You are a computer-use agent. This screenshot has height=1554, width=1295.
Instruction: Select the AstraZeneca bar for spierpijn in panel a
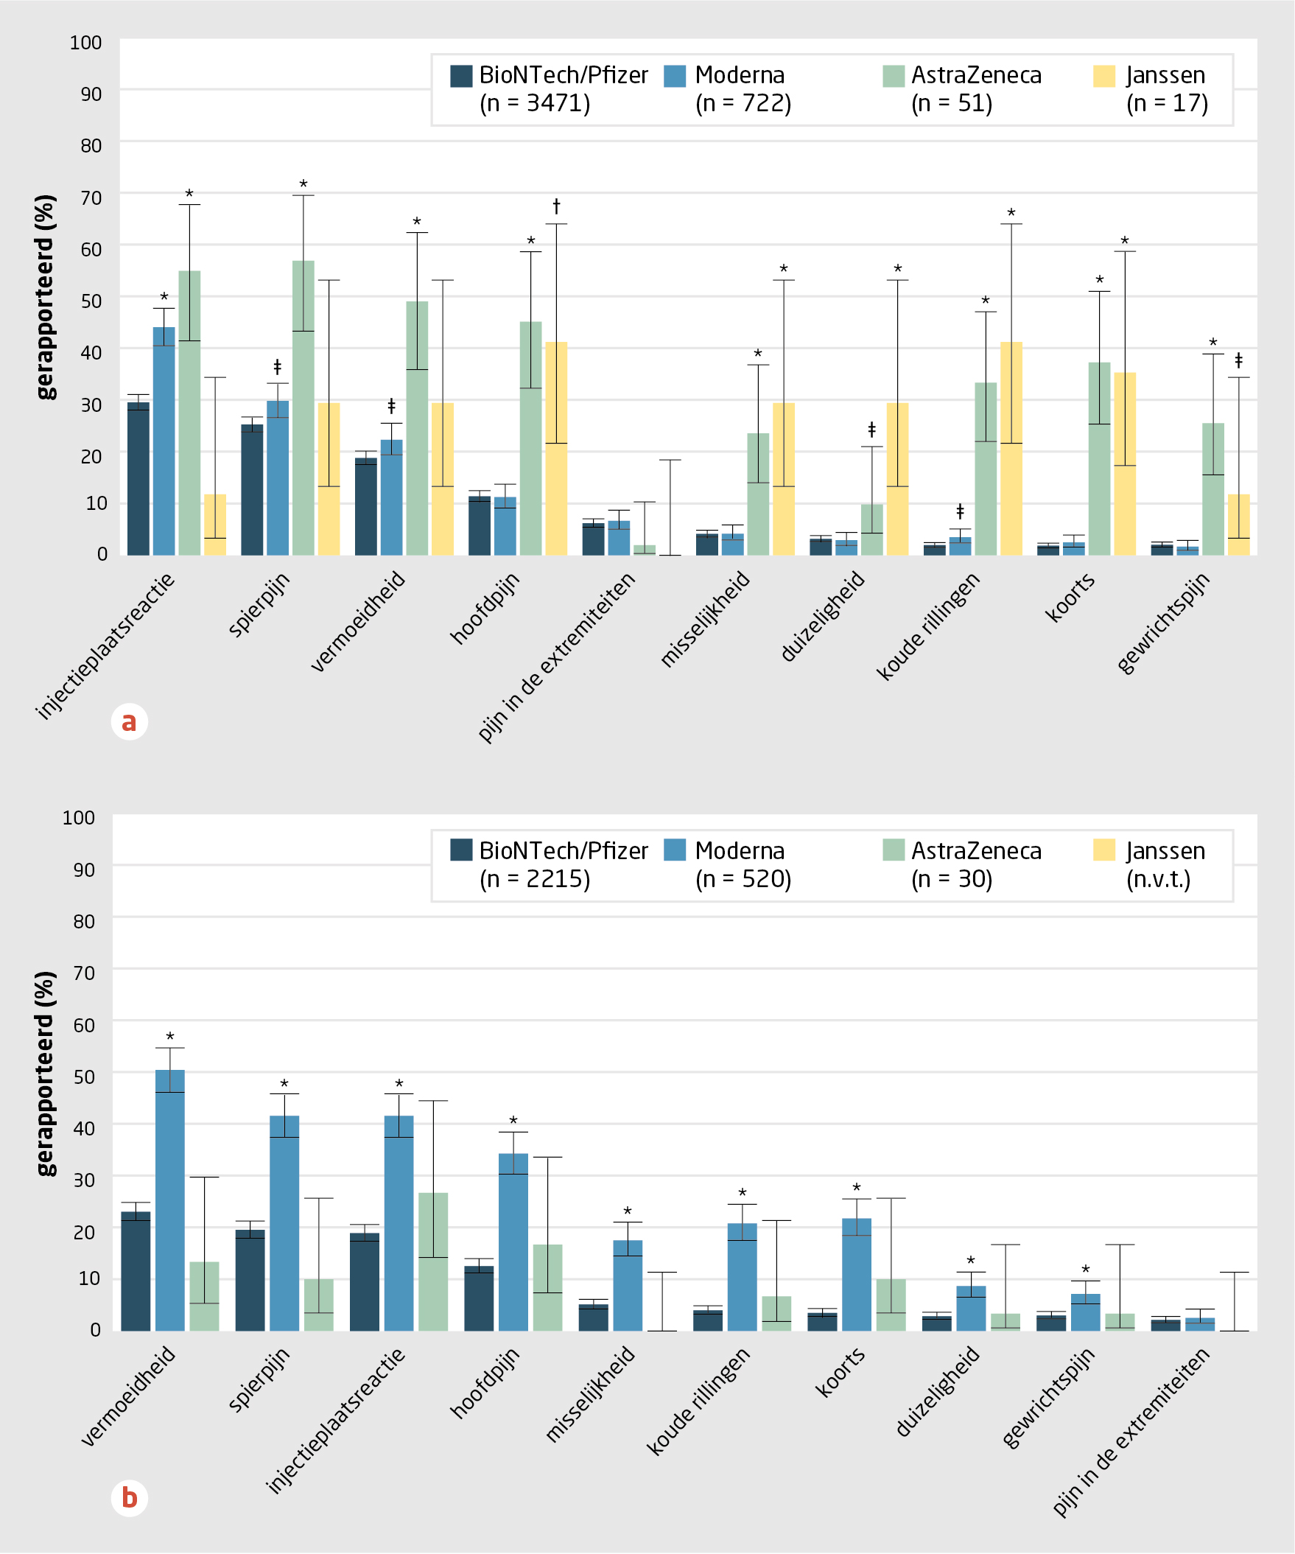(303, 407)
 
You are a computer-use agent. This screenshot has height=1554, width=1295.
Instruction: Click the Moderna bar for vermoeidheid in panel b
(169, 1200)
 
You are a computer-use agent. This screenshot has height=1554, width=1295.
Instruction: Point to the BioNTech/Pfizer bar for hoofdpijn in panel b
(479, 1298)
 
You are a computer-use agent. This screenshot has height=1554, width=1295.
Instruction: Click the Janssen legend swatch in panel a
(1103, 76)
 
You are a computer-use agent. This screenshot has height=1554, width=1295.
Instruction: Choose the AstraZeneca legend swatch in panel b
(894, 850)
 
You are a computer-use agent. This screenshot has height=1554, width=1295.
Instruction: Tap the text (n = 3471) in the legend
(534, 104)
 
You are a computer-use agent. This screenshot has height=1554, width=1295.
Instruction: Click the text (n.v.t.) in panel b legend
(1158, 879)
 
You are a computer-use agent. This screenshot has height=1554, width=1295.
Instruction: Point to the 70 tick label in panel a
(91, 197)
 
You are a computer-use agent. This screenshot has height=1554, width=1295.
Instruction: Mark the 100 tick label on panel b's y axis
(78, 818)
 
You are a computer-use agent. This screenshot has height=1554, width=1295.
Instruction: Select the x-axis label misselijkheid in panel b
(590, 1395)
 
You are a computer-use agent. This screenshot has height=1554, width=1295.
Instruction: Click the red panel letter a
(129, 721)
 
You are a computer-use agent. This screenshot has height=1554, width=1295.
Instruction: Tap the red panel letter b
(129, 1498)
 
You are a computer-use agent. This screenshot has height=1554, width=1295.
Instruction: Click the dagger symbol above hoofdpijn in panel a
(556, 206)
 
